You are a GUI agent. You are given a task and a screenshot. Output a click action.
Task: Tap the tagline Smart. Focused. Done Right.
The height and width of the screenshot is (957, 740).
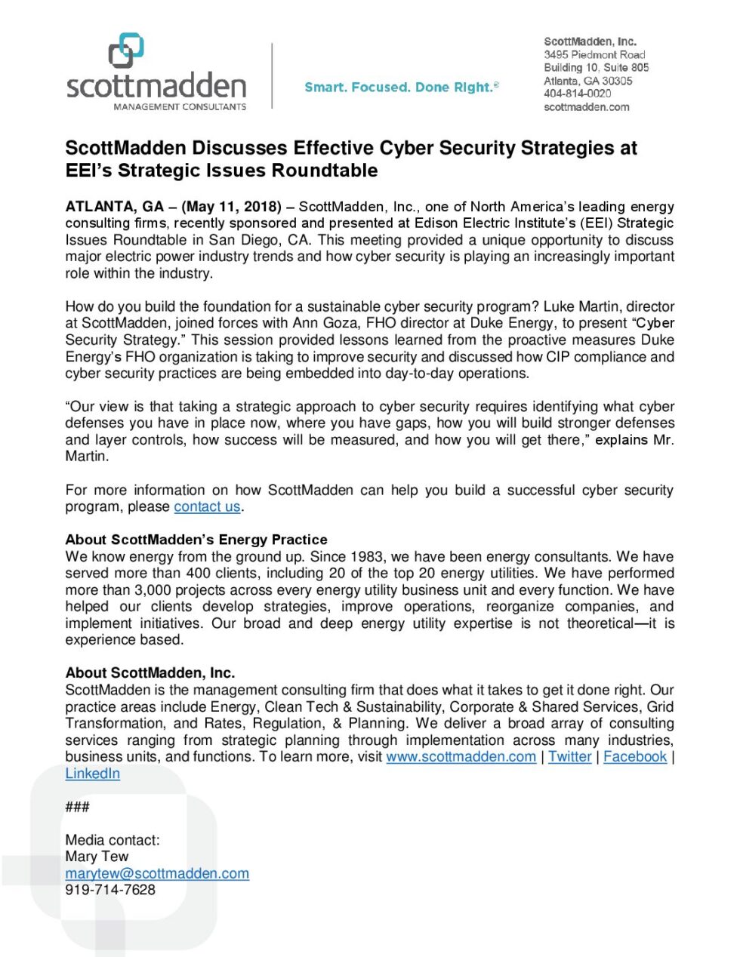(401, 88)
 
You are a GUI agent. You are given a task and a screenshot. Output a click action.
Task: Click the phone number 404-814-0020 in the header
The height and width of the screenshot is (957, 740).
(577, 94)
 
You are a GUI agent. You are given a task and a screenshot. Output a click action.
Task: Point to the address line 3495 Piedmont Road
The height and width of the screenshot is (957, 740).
(594, 54)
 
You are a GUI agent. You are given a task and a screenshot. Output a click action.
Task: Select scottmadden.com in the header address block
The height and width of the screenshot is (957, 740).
(586, 107)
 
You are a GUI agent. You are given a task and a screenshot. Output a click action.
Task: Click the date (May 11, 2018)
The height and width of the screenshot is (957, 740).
(232, 207)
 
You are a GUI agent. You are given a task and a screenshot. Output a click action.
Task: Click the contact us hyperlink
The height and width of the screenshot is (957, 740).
(207, 507)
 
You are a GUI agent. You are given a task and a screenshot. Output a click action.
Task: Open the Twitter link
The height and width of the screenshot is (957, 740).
(569, 757)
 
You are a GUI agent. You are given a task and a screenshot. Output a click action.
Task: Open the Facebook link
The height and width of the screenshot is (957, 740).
(635, 757)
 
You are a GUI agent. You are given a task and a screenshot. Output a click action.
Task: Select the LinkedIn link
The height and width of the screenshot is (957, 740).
(92, 774)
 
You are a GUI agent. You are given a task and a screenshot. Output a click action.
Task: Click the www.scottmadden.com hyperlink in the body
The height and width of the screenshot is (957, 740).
(461, 757)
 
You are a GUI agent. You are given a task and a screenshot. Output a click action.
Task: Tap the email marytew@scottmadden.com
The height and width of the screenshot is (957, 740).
(157, 874)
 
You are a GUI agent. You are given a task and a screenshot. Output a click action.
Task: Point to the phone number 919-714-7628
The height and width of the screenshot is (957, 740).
(110, 891)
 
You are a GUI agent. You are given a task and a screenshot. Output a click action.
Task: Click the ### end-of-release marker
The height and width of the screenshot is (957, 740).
(77, 808)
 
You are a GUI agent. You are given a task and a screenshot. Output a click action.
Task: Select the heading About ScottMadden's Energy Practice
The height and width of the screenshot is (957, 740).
(196, 540)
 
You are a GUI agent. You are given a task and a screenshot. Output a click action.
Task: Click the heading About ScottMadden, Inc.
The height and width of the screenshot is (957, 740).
(150, 673)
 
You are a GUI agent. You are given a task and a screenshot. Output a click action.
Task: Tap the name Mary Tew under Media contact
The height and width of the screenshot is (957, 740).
(97, 857)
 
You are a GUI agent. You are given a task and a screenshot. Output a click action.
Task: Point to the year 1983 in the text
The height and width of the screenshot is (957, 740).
(366, 557)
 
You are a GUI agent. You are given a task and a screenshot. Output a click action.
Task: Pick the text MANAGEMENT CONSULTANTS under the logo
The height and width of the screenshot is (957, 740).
(180, 107)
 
